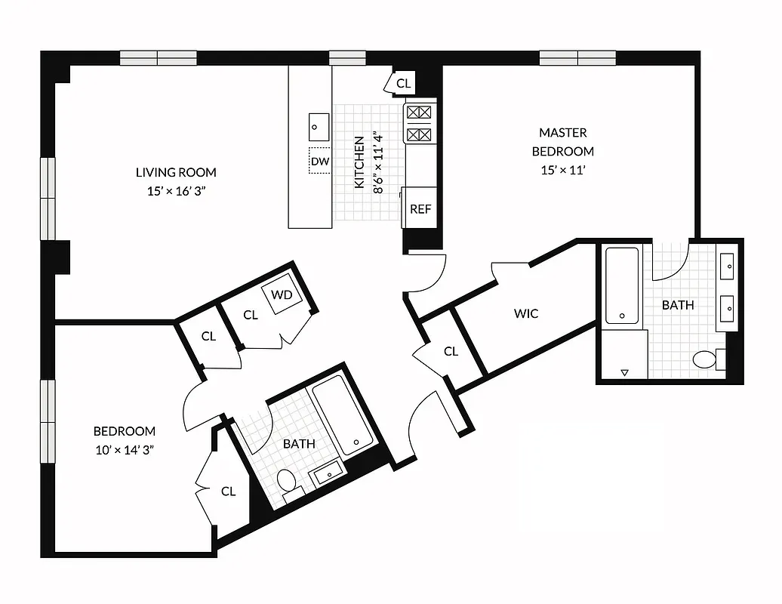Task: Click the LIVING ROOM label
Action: pos(176,172)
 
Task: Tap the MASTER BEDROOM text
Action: pos(563,142)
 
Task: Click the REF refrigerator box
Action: pos(420,208)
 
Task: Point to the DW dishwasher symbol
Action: pos(319,162)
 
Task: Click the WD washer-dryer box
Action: pos(282,294)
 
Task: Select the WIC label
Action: pos(526,313)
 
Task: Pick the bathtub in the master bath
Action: pos(622,285)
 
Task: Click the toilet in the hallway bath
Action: pos(287,480)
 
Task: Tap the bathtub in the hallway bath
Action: pos(343,416)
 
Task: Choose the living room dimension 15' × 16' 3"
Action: pos(176,191)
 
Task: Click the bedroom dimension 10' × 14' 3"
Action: pos(125,450)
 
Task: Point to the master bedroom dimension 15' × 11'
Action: pos(563,170)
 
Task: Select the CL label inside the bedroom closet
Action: pos(228,492)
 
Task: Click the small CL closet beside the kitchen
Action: pos(404,83)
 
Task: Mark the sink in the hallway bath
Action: pos(327,474)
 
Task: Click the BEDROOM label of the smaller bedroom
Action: pos(125,431)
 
